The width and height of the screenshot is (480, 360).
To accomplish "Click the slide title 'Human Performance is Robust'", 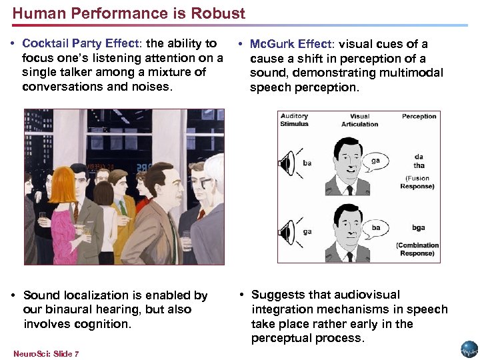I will pos(129,13).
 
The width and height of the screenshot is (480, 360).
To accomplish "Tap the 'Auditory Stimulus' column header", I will pos(294,120).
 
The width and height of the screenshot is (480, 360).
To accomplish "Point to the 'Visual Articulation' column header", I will pos(359,120).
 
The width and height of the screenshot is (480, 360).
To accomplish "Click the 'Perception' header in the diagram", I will pos(419,116).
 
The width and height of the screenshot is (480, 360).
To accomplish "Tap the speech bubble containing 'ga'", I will pos(376,161).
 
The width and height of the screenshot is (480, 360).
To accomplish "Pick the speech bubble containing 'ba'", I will pos(376,227).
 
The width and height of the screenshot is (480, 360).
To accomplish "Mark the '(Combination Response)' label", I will pos(417,249).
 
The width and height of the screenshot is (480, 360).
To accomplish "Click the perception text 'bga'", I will pos(419,227).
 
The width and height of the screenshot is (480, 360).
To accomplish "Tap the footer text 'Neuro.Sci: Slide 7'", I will pos(46,354).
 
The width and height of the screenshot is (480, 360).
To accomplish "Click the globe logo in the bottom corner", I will pos(469,349).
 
